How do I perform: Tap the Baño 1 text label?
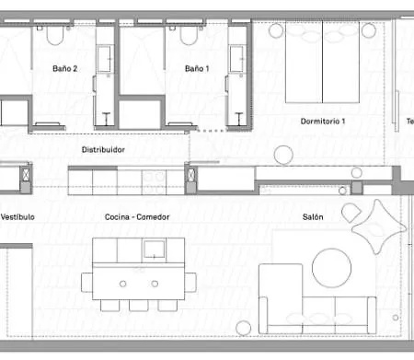197,68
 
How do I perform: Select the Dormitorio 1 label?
322,122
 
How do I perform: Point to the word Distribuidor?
103,149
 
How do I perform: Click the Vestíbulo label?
17,217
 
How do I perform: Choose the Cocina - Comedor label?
137,217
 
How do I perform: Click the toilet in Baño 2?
52,35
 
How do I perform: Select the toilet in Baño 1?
189,35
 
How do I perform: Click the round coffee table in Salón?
330,269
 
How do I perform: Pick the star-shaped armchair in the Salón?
377,226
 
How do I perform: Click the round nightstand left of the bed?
275,30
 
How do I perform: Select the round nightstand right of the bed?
369,30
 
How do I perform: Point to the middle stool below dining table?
139,303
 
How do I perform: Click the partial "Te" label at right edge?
409,122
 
